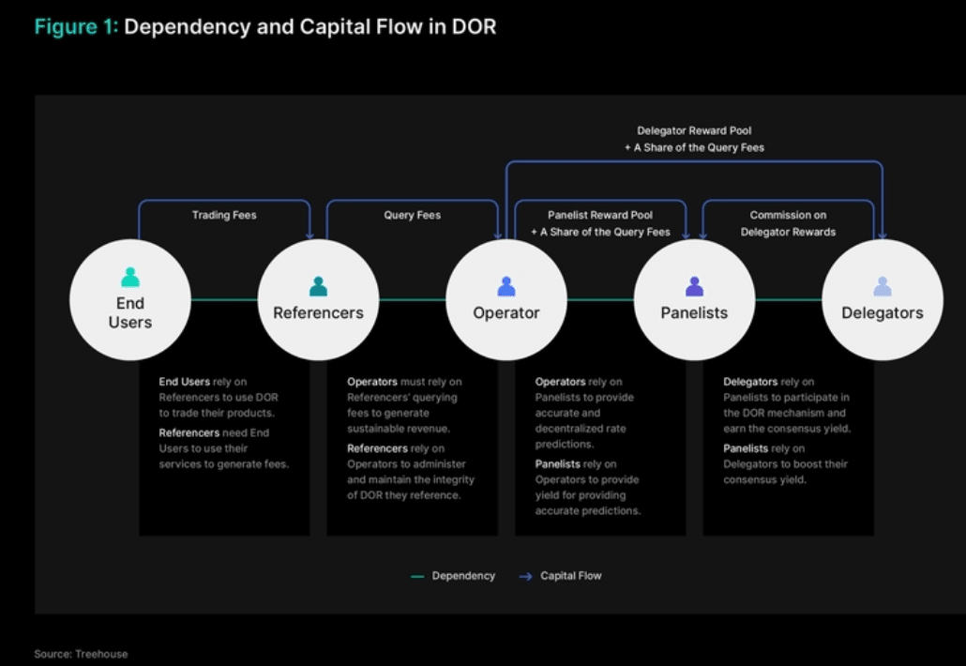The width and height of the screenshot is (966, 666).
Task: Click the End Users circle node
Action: (x=130, y=300)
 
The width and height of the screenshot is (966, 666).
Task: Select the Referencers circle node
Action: (x=319, y=300)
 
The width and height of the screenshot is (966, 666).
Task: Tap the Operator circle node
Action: (x=506, y=300)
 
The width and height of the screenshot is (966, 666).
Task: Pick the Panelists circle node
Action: (x=694, y=300)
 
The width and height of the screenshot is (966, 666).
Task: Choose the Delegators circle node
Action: (x=883, y=300)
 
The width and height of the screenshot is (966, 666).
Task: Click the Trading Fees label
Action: (x=224, y=215)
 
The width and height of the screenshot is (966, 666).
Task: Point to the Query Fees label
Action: (x=412, y=215)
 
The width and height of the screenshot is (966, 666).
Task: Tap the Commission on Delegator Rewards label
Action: (x=788, y=223)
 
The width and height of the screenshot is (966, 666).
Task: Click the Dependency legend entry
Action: (x=453, y=576)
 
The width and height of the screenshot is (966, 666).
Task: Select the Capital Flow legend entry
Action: (x=560, y=576)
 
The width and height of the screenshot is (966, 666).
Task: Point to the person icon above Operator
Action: (x=506, y=286)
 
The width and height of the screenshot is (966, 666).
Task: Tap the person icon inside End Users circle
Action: (x=130, y=278)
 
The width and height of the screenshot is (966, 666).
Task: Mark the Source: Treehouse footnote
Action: (x=81, y=654)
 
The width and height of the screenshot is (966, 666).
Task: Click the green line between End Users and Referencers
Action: (x=224, y=300)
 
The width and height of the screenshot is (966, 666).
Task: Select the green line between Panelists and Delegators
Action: (x=789, y=300)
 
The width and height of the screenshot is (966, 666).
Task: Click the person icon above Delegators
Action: (x=883, y=286)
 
